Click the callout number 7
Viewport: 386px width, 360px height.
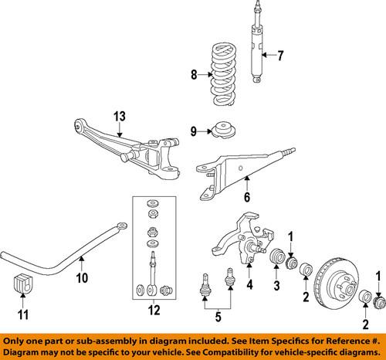(x=280, y=55)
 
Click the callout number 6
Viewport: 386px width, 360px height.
(x=249, y=199)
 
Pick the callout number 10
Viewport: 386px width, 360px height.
(x=82, y=277)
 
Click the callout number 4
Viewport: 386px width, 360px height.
(x=249, y=284)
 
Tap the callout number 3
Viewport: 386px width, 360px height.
(x=275, y=287)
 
